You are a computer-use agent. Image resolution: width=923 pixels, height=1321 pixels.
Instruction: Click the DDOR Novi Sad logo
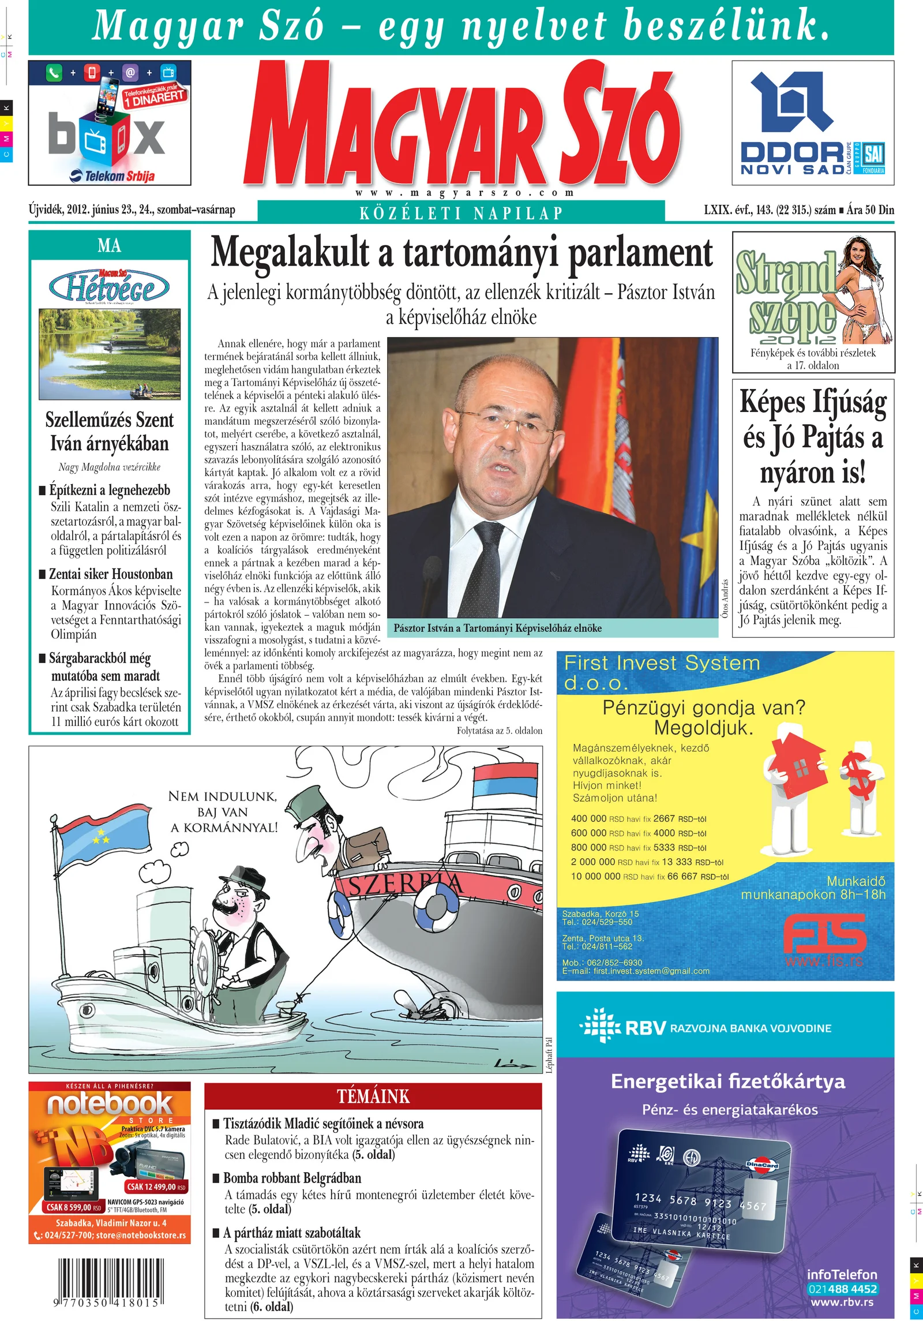(812, 124)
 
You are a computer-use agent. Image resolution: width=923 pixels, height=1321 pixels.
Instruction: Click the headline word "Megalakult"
(290, 253)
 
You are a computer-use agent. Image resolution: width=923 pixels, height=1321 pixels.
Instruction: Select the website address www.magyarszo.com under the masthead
(464, 193)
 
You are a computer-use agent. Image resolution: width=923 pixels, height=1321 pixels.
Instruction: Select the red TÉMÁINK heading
(373, 1096)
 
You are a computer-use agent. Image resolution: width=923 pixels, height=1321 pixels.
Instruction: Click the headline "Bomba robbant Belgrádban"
(292, 1178)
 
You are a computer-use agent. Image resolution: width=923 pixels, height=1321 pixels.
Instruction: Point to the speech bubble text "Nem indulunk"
(223, 796)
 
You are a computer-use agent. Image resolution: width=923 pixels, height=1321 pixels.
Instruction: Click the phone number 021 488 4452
(842, 1289)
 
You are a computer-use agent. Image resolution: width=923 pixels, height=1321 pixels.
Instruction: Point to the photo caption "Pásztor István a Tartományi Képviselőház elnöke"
(497, 628)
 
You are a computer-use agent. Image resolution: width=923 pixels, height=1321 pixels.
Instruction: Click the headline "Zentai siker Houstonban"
(111, 574)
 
